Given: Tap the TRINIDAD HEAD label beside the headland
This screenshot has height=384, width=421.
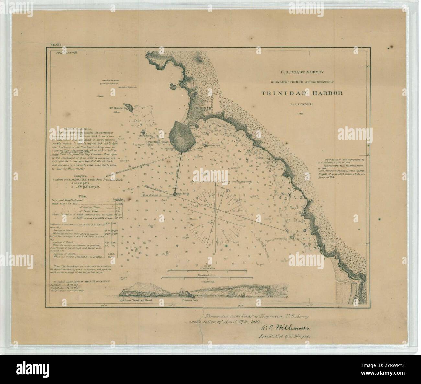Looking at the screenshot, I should (x=158, y=142).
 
